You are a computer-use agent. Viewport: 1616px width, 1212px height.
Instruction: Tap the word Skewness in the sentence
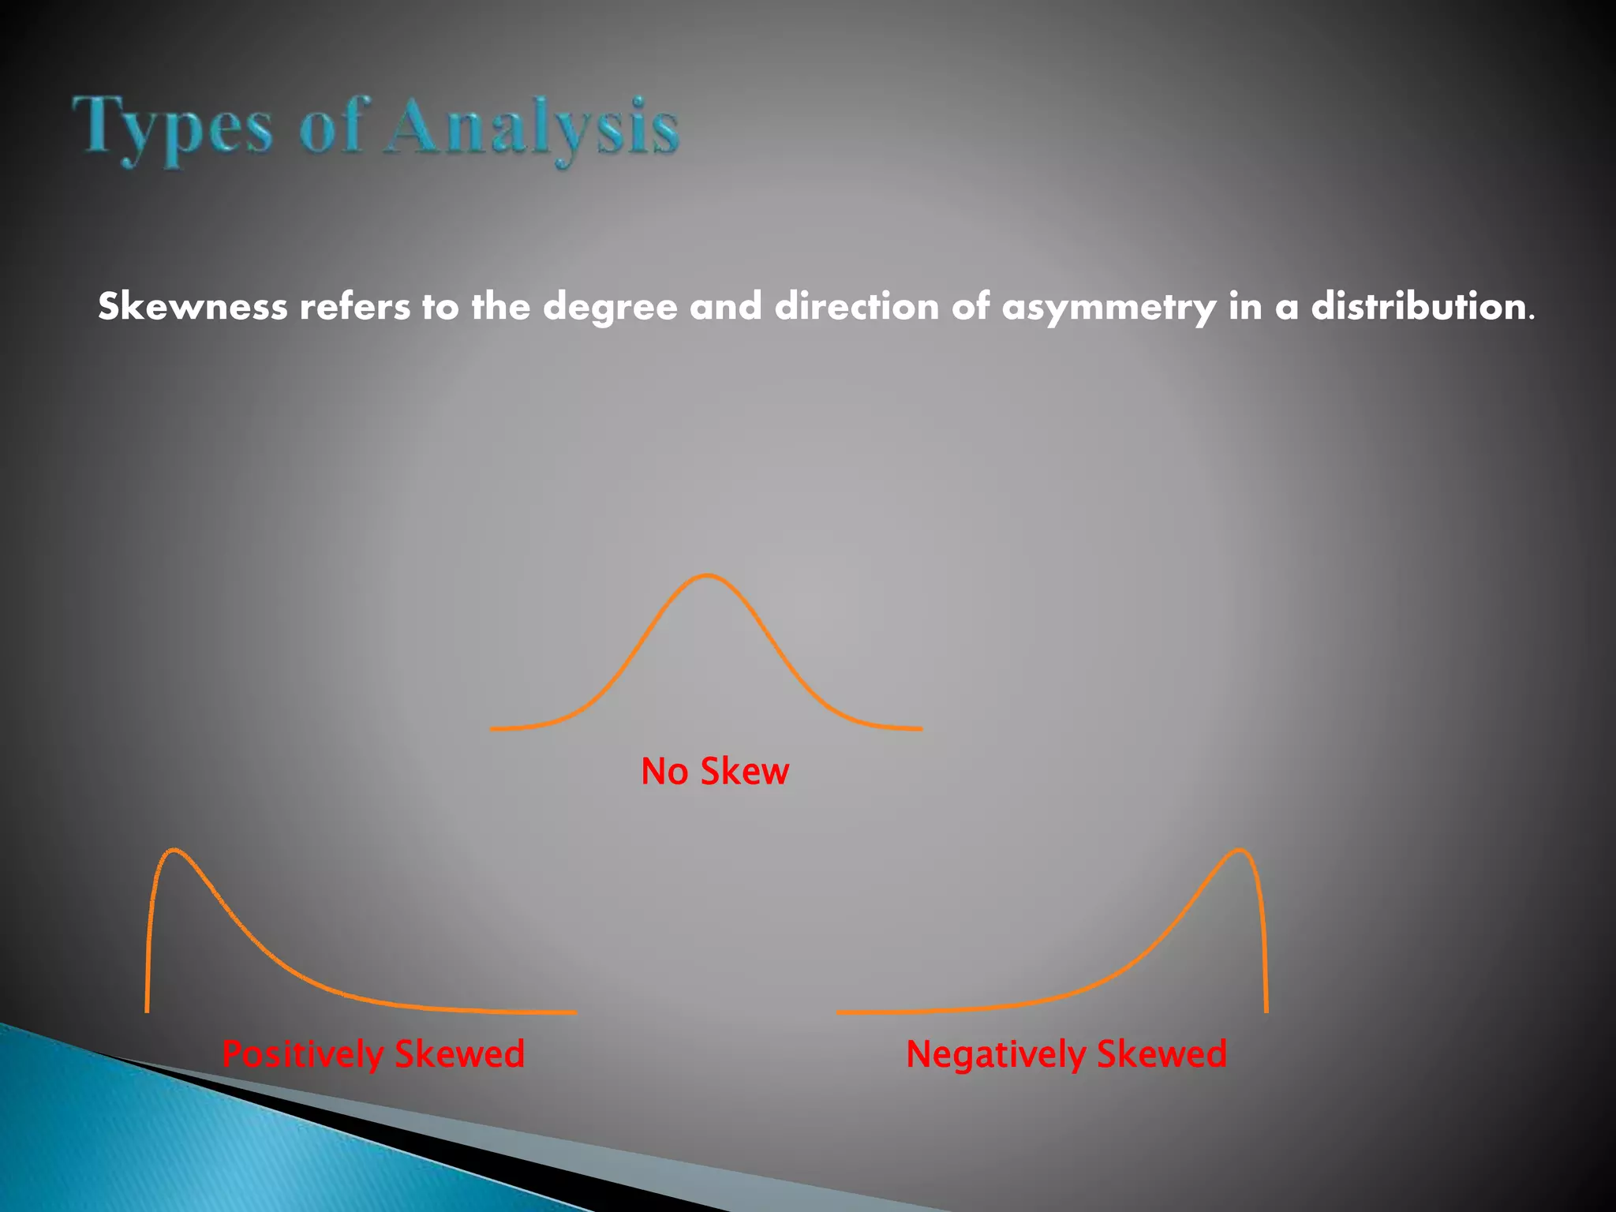point(193,306)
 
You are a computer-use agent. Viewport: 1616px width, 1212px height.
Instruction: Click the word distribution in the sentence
point(1419,306)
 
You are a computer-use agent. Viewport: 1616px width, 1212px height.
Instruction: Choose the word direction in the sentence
point(857,306)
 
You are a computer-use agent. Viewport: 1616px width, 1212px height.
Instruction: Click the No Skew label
point(715,771)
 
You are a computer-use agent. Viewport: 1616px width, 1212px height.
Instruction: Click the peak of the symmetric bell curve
point(707,575)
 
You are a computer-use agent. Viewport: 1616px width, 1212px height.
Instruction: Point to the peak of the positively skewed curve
point(174,851)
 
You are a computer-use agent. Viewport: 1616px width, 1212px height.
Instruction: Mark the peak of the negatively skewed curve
point(1240,851)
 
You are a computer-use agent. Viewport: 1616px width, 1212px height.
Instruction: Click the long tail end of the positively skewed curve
point(573,1012)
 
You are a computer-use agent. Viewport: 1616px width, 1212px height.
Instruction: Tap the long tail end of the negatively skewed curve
point(841,1012)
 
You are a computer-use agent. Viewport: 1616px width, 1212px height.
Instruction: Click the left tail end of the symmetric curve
point(494,728)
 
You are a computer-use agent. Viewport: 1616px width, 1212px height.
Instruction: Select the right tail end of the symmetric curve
point(918,728)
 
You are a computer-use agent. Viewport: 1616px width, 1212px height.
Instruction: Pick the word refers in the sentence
point(354,306)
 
